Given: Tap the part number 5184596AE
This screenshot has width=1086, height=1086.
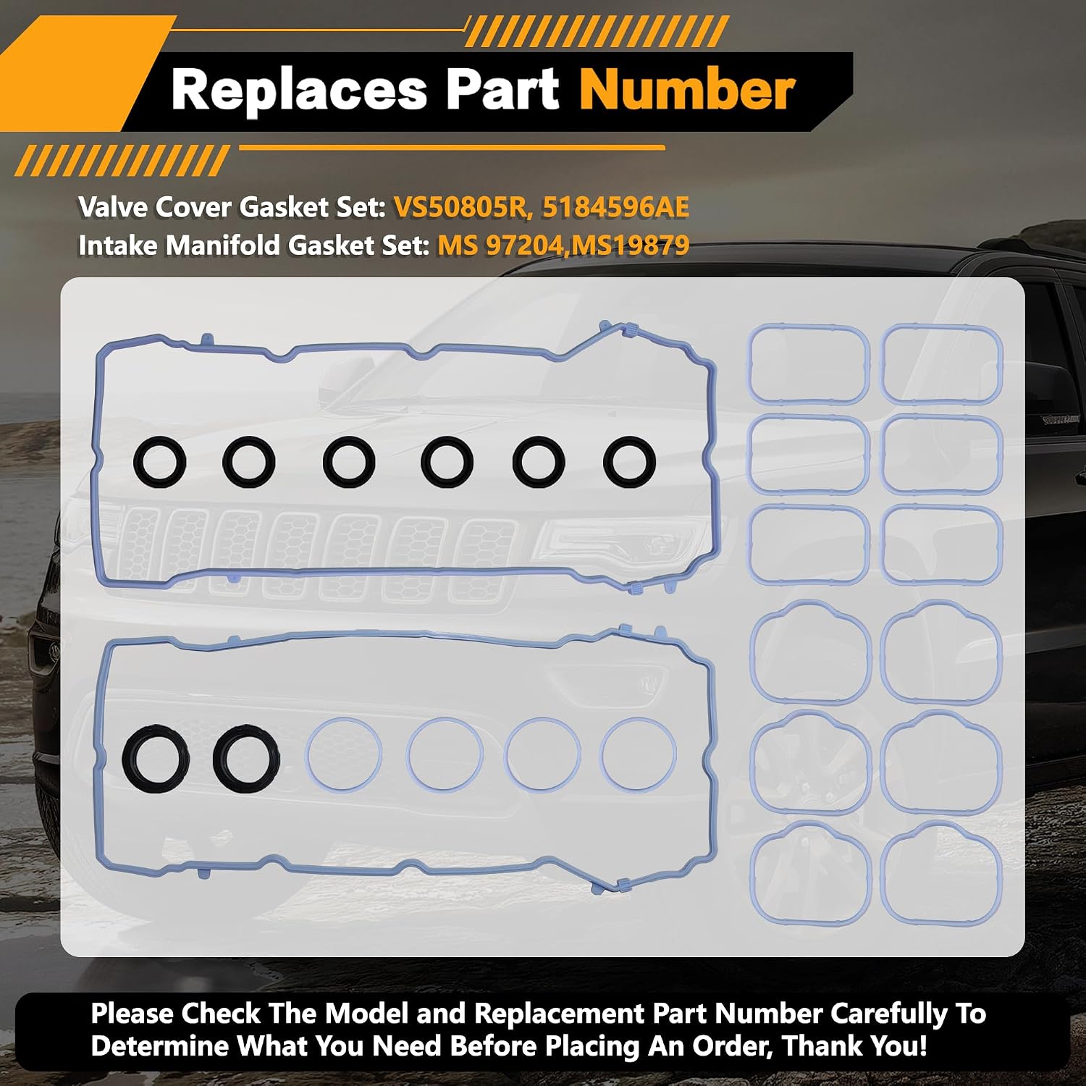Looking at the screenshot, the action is pyautogui.click(x=615, y=208).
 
